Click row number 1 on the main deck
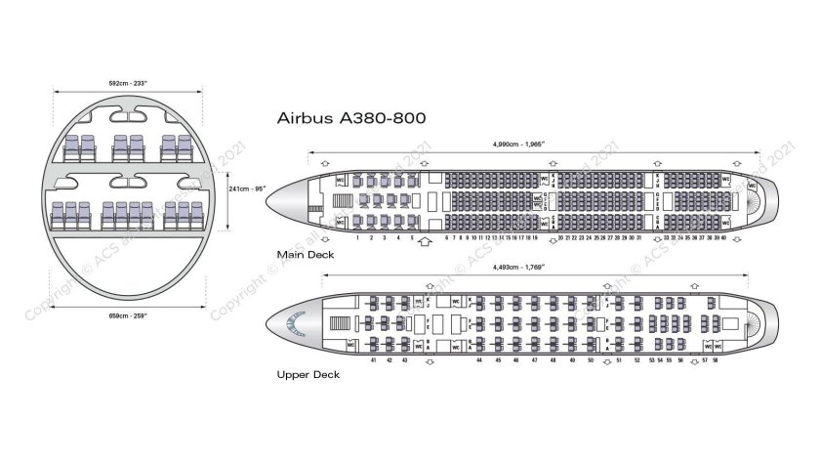[x=358, y=237]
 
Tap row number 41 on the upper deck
[x=374, y=360]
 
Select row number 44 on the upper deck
[x=479, y=360]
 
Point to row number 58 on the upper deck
[x=716, y=360]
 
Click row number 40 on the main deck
[x=723, y=237]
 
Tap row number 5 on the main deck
[x=412, y=237]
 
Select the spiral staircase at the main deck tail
[x=753, y=200]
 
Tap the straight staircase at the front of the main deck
[x=341, y=200]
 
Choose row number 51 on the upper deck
[x=619, y=360]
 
